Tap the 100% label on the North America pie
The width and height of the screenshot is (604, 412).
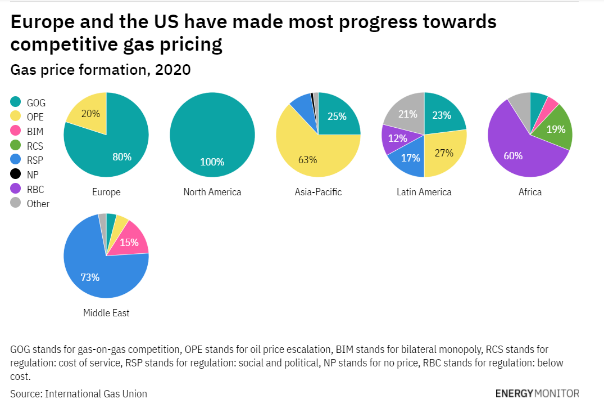coord(212,162)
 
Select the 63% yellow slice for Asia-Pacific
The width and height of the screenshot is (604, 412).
coord(307,159)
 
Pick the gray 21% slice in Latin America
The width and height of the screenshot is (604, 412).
coord(408,114)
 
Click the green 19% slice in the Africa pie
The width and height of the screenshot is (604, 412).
coord(556,129)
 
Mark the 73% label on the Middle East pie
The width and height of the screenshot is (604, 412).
coord(90,277)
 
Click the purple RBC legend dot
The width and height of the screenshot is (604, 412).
coord(16,189)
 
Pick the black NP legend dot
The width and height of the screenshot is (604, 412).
coord(16,174)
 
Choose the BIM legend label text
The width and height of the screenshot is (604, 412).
coord(35,132)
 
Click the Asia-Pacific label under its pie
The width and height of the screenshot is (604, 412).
coord(318,192)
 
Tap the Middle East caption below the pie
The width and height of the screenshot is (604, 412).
coord(106,313)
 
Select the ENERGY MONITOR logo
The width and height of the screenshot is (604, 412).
coord(537,393)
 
